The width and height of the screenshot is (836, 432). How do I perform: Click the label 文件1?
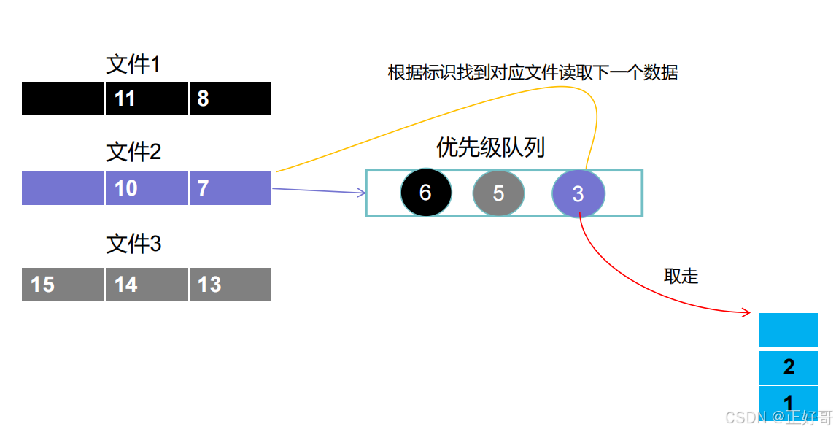(x=133, y=65)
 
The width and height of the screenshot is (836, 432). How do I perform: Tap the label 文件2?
(x=133, y=153)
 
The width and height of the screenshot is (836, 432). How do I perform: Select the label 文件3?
(x=133, y=244)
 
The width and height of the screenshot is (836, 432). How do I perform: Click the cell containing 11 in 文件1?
(x=147, y=99)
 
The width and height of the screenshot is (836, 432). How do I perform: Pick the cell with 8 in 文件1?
(x=231, y=99)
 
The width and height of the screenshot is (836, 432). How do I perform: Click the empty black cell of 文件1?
(x=63, y=99)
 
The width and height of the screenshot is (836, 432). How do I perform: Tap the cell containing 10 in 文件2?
(x=147, y=188)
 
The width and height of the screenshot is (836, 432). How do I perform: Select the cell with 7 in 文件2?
(x=231, y=188)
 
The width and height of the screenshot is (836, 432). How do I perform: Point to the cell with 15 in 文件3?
(x=63, y=285)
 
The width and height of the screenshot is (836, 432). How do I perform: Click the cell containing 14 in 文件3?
(x=147, y=285)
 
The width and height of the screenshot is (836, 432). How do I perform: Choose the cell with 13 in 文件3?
(x=231, y=285)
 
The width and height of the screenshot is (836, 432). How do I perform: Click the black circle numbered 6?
(x=426, y=193)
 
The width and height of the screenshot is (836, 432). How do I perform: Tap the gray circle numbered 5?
(x=498, y=193)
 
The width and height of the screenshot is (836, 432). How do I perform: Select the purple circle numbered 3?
(x=578, y=193)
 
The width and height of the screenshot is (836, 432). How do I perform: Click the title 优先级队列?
(x=490, y=148)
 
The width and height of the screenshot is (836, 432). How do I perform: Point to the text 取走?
(x=681, y=276)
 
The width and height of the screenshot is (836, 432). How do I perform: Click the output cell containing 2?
(x=789, y=367)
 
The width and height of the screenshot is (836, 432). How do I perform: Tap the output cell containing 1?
(x=789, y=402)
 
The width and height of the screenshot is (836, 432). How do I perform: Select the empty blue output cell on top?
(x=789, y=330)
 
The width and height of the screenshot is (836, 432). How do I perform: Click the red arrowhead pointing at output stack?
(x=747, y=313)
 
